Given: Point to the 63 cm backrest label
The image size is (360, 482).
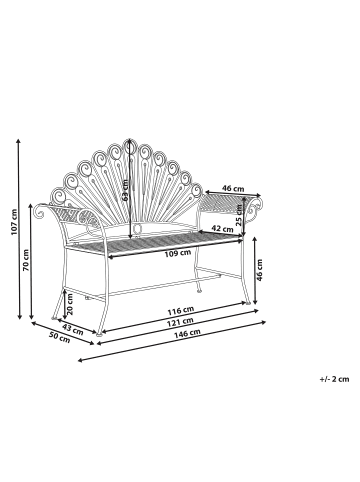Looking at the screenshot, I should [x=126, y=186].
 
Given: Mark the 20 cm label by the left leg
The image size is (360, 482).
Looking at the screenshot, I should [x=69, y=300].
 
